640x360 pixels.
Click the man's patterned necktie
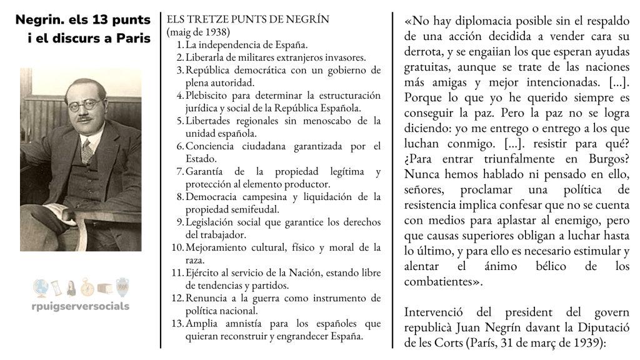pos(87,151)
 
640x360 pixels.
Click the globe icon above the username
pos(41,287)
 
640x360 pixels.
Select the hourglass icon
pos(56,287)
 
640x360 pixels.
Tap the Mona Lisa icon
pos(71,288)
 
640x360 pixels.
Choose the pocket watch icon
pos(87,287)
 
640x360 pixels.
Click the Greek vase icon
pos(122,287)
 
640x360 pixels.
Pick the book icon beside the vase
pos(105,288)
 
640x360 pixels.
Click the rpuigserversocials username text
pos(81,306)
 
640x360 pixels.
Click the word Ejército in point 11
pos(201,272)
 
